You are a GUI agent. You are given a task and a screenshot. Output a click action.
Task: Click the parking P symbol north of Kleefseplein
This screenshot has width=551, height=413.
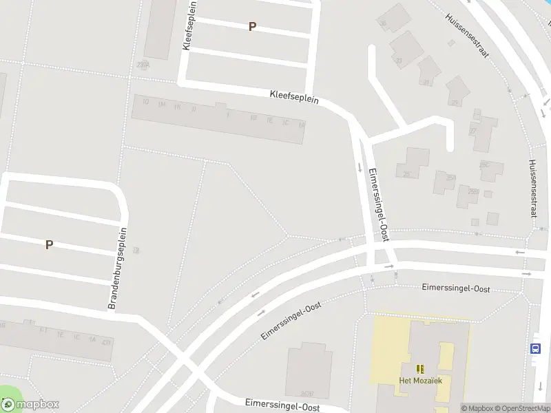tap(252, 26)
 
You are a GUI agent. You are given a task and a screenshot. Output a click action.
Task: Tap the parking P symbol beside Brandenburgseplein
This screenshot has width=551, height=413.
tap(49, 244)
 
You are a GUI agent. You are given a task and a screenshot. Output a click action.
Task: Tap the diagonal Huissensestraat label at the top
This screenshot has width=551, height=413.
tap(466, 36)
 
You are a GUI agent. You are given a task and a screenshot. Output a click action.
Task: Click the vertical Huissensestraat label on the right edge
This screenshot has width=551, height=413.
tap(532, 188)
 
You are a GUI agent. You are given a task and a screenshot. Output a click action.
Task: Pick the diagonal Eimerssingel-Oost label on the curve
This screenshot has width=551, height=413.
tap(291, 321)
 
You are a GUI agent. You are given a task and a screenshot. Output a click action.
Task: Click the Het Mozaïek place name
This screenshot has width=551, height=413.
tap(420, 380)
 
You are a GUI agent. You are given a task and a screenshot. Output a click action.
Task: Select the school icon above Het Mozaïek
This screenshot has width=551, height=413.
tap(420, 369)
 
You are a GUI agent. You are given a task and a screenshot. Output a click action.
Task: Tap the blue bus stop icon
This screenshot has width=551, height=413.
tap(536, 348)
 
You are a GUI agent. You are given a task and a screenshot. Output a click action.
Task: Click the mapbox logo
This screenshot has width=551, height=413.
tap(30, 404)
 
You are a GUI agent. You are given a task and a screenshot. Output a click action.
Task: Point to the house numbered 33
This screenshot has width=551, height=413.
tap(398, 61)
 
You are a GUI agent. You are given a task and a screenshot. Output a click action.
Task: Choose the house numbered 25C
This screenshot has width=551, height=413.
tap(484, 165)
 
